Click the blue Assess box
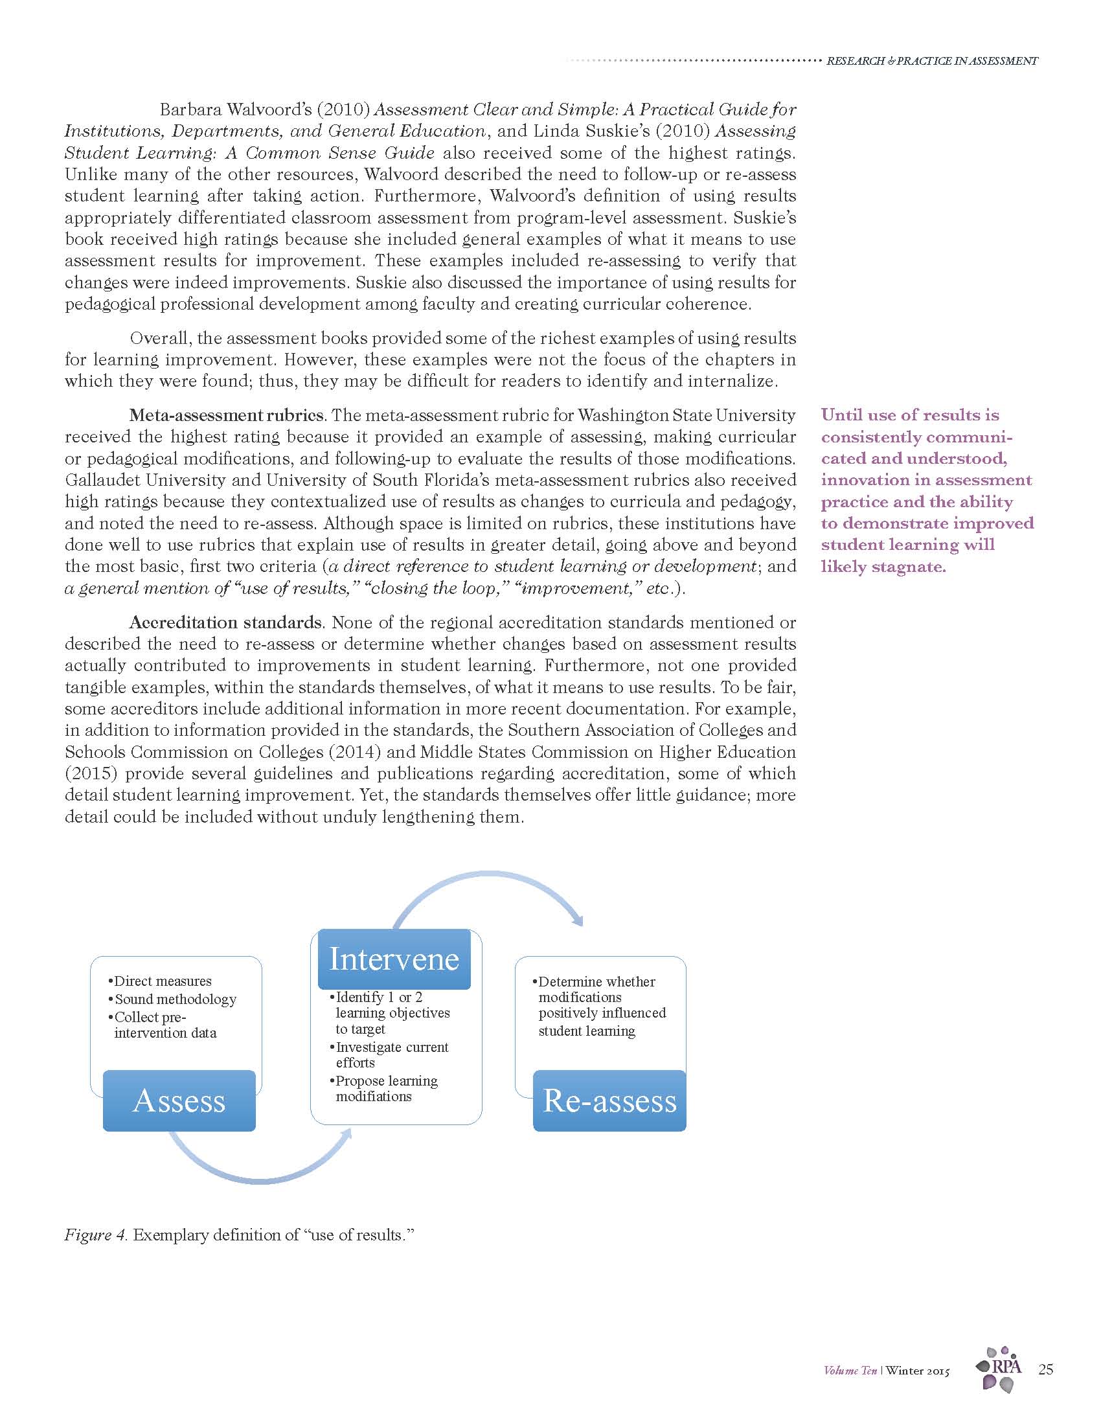179,1100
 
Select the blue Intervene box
394,959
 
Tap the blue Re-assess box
609,1100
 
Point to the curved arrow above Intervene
489,885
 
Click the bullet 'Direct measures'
163,981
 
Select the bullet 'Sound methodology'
175,999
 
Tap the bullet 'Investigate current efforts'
391,1055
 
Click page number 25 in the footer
1045,1369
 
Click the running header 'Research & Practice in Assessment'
931,61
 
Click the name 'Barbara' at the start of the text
190,109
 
